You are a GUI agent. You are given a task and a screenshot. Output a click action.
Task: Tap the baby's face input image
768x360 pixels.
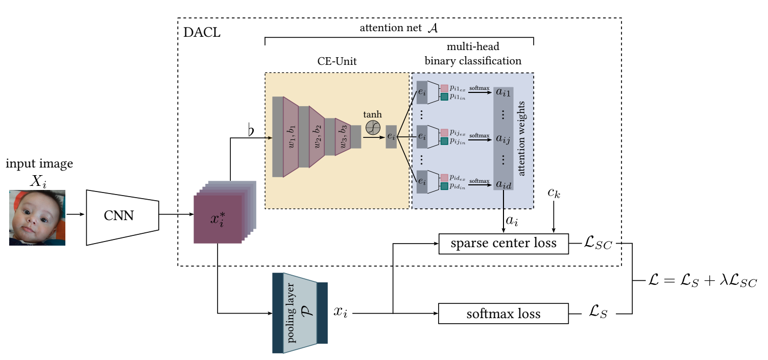click(37, 218)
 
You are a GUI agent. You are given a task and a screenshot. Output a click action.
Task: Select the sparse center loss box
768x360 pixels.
click(503, 244)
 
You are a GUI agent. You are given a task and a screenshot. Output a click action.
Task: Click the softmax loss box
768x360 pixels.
click(503, 313)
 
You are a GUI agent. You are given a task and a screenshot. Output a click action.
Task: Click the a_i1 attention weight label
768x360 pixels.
click(503, 92)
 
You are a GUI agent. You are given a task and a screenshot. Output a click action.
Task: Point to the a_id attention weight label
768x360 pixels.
click(503, 184)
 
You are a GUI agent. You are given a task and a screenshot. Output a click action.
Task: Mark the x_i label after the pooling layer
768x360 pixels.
click(341, 312)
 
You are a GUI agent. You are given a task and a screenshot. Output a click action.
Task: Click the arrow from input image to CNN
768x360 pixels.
click(76, 214)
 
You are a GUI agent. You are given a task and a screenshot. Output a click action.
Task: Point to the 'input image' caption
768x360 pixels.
click(39, 164)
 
